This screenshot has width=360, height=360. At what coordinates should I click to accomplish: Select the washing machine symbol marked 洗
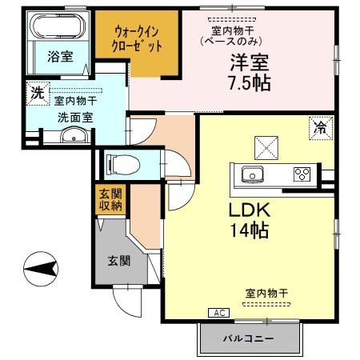tap(37, 92)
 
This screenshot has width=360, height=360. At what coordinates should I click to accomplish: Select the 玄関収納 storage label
tap(110, 201)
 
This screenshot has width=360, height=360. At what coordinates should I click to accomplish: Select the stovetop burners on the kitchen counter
tap(301, 174)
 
